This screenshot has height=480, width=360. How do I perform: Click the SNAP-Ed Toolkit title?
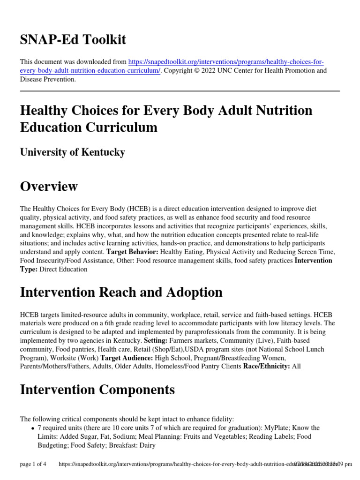click(73, 40)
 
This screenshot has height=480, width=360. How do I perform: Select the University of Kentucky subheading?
click(72, 152)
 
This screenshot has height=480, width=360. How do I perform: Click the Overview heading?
click(49, 187)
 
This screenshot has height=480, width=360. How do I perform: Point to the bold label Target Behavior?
click(133, 252)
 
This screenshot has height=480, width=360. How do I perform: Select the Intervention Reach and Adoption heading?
click(121, 292)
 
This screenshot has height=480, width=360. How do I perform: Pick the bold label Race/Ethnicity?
click(266, 367)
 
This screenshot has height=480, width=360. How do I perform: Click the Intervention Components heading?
click(97, 390)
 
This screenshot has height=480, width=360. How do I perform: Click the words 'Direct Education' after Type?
click(63, 269)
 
